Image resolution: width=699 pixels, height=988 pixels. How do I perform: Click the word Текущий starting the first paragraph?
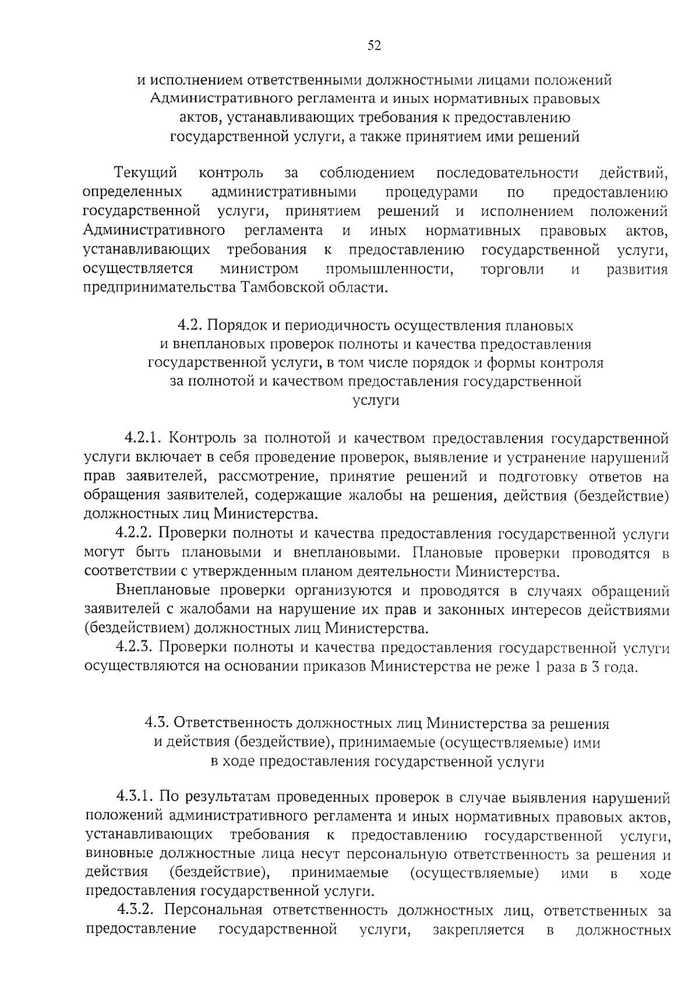click(146, 173)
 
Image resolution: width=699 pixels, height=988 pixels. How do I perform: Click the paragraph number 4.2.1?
click(146, 438)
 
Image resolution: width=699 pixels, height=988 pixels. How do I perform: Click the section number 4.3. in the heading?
click(157, 724)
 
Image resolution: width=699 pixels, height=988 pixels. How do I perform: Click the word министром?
click(259, 269)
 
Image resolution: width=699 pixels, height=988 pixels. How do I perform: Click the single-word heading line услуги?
click(376, 401)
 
